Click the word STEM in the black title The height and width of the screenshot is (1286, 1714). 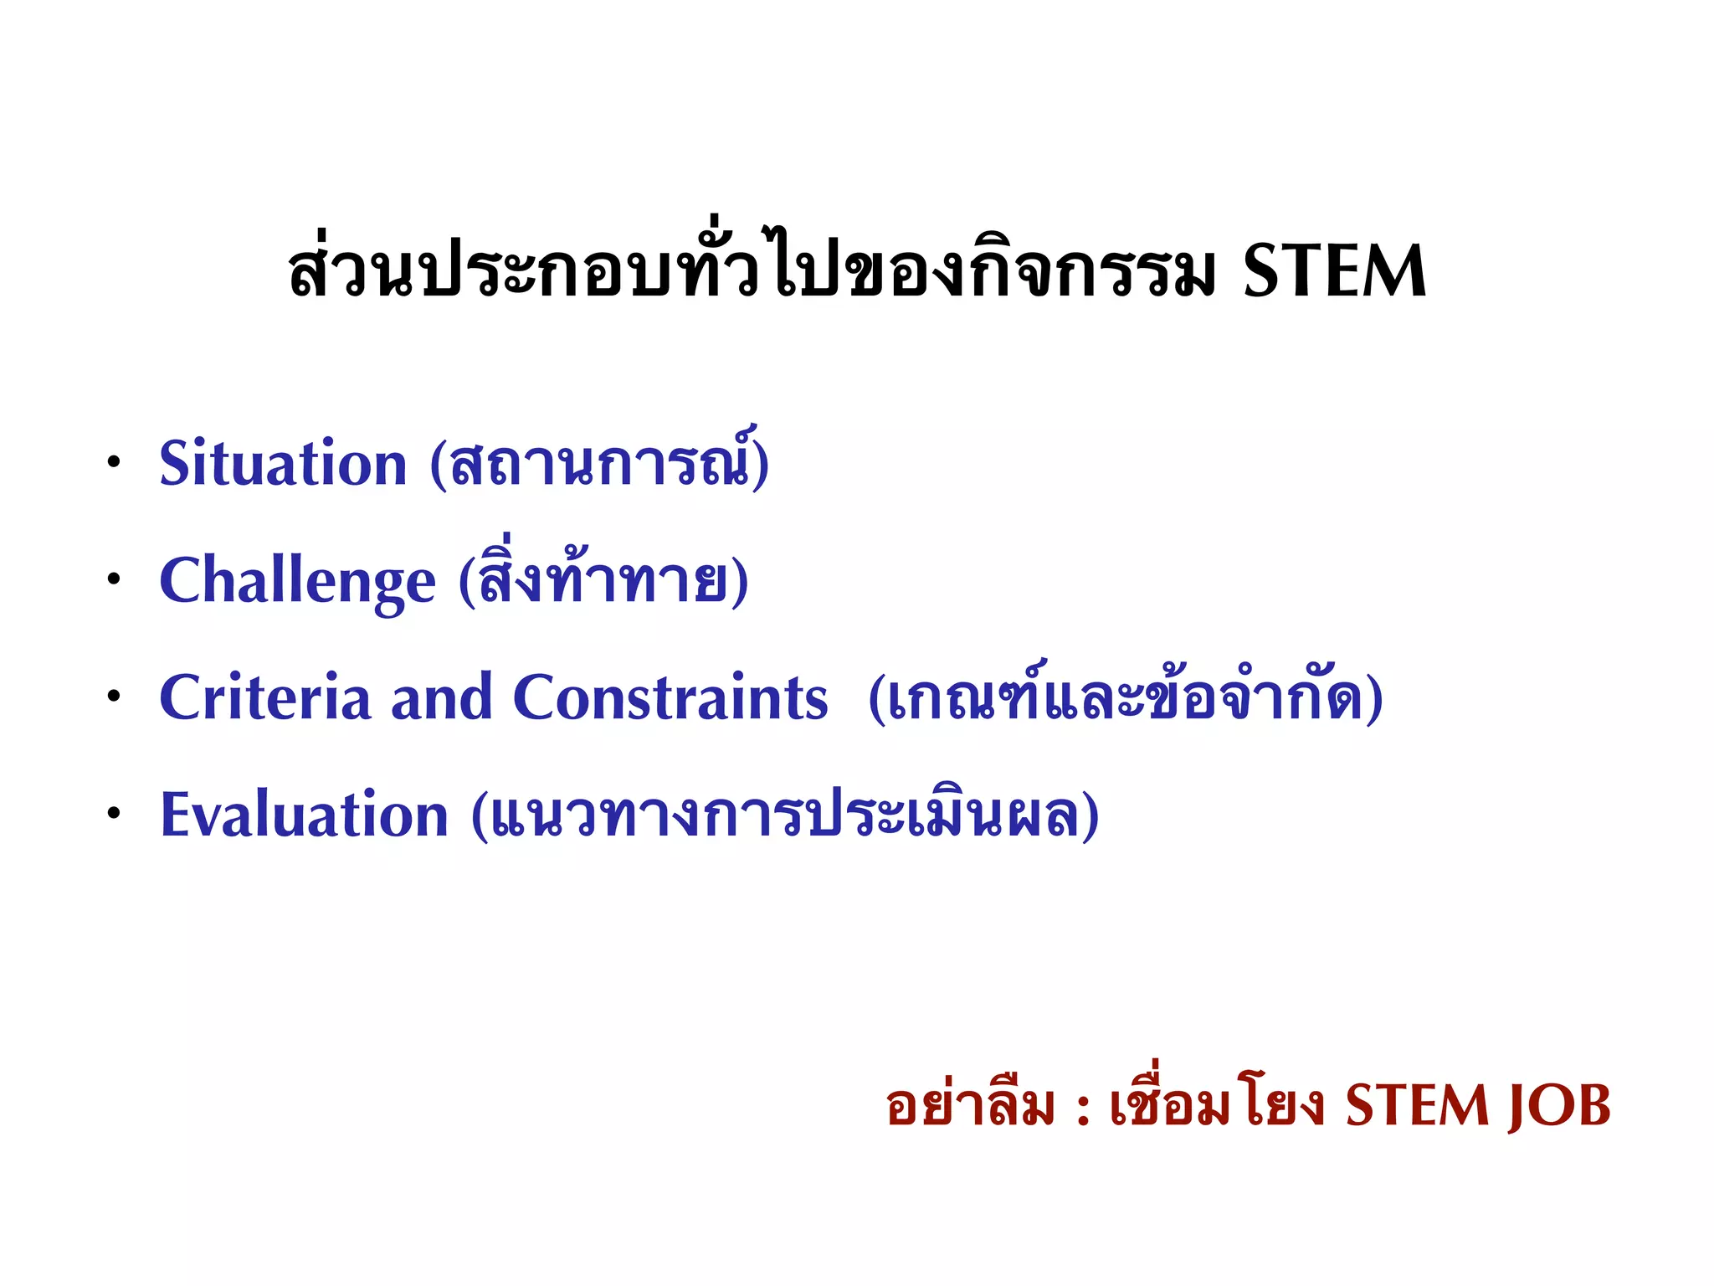[1334, 271]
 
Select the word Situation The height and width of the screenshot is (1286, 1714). [283, 463]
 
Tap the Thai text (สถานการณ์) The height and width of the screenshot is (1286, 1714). [599, 461]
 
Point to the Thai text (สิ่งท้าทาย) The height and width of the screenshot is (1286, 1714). [603, 579]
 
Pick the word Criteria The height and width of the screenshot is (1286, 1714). [264, 697]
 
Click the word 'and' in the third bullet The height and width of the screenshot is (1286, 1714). [441, 697]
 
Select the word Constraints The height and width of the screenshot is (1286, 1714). [670, 697]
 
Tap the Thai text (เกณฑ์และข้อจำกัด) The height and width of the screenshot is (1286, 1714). [1126, 697]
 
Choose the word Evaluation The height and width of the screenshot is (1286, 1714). [304, 815]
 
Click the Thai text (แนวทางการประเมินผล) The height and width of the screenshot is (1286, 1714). [785, 815]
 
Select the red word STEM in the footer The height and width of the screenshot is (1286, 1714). [1417, 1106]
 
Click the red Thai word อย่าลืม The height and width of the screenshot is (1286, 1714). [970, 1106]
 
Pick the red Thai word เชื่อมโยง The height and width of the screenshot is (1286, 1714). [1217, 1104]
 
